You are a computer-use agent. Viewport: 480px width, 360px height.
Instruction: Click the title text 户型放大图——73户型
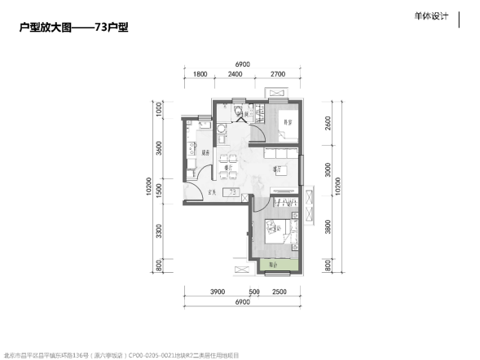coord(74,27)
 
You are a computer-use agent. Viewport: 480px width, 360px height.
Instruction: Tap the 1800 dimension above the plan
coord(200,74)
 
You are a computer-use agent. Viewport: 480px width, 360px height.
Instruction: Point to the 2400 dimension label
coord(236,74)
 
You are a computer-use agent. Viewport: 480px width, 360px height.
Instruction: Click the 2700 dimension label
coord(277,74)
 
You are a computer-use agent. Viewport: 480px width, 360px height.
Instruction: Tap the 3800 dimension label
coord(328,228)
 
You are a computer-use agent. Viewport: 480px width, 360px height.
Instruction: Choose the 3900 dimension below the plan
coord(217,291)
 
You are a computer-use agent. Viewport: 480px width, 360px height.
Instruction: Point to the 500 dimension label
coord(254,291)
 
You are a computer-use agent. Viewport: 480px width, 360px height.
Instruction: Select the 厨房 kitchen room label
coord(207,153)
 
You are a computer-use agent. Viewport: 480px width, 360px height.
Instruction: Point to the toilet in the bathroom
coord(236,112)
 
